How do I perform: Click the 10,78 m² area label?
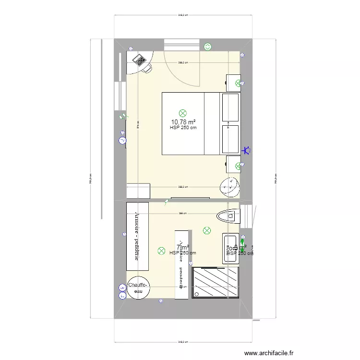click(182, 122)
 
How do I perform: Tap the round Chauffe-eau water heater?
click(139, 289)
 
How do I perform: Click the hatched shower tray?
click(215, 283)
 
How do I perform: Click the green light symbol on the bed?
click(182, 113)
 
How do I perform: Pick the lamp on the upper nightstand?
click(237, 83)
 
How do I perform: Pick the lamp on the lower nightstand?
click(238, 166)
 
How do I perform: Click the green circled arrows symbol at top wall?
click(208, 47)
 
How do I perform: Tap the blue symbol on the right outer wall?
click(247, 151)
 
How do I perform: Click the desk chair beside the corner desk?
click(146, 69)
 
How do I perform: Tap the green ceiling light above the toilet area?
click(207, 231)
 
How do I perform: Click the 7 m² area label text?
click(182, 247)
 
